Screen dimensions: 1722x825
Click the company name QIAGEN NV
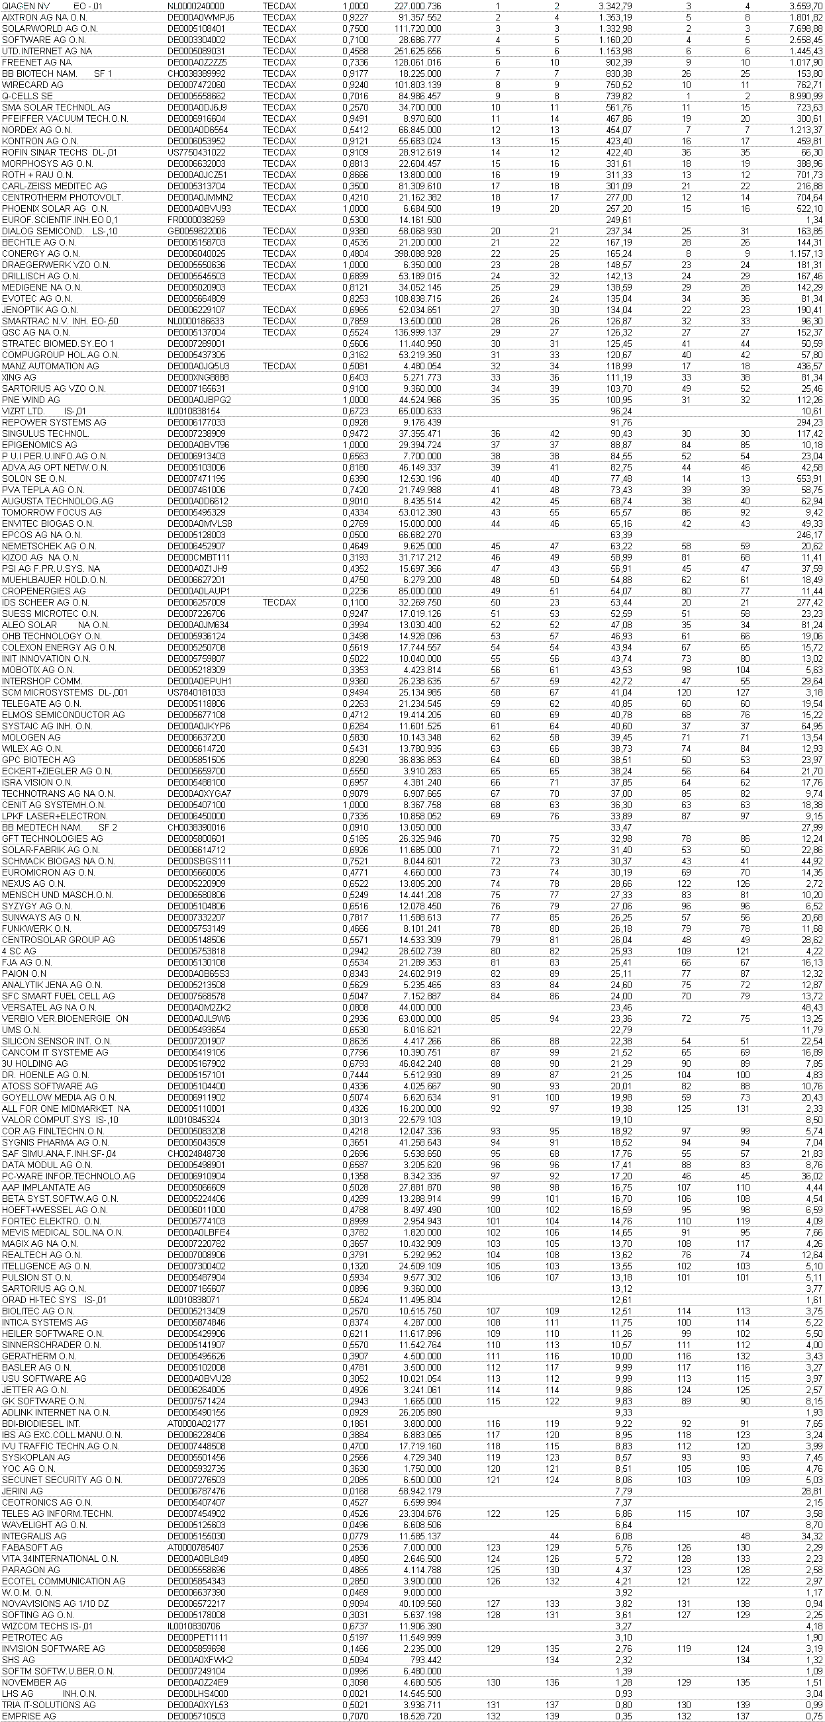tap(26, 6)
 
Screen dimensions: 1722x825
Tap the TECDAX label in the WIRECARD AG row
tap(279, 85)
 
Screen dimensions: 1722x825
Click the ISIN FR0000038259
tap(197, 220)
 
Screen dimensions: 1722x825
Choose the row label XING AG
tap(19, 378)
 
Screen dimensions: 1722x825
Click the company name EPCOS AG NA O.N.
tap(42, 535)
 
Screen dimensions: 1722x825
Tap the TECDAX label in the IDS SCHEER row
tap(279, 602)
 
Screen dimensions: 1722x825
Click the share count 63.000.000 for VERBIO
tap(420, 1019)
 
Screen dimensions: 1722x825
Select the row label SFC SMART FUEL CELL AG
tap(58, 996)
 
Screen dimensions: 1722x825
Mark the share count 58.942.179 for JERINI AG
tap(420, 1492)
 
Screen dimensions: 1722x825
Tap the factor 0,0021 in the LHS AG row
tap(355, 1694)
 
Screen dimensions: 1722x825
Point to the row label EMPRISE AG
tap(29, 1716)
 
